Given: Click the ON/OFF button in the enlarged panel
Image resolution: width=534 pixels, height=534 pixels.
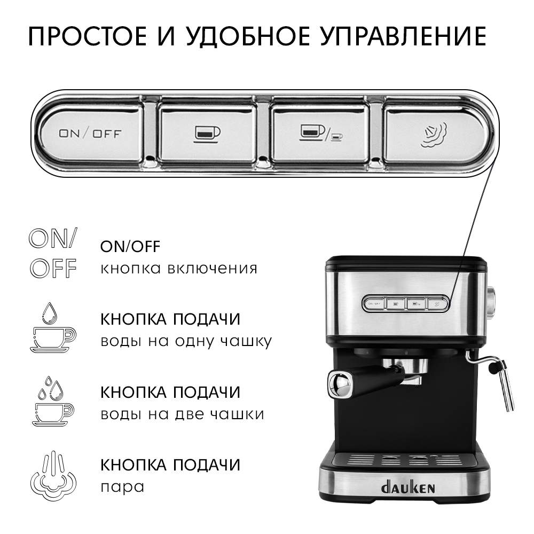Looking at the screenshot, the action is pyautogui.click(x=91, y=133).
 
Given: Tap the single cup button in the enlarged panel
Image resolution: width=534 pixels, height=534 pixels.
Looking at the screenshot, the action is pyautogui.click(x=207, y=133).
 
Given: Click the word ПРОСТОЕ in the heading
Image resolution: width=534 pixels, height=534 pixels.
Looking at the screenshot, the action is pyautogui.click(x=88, y=36).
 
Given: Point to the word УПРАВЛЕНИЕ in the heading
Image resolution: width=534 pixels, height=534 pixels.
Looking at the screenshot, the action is pyautogui.click(x=403, y=36).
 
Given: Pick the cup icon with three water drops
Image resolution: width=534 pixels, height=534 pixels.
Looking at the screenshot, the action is pyautogui.click(x=53, y=401).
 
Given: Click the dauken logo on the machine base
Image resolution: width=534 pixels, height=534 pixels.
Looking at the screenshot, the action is pyautogui.click(x=408, y=488).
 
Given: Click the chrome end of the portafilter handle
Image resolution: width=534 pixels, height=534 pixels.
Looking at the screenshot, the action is pyautogui.click(x=340, y=384).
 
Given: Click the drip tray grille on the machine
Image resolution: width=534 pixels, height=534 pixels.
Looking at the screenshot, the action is pyautogui.click(x=406, y=460).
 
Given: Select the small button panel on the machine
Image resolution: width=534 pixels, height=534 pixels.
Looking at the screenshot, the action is pyautogui.click(x=406, y=303).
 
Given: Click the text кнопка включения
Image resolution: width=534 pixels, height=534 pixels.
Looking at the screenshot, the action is pyautogui.click(x=179, y=269).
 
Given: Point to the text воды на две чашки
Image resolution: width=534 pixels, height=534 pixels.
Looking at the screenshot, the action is pyautogui.click(x=182, y=414).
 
